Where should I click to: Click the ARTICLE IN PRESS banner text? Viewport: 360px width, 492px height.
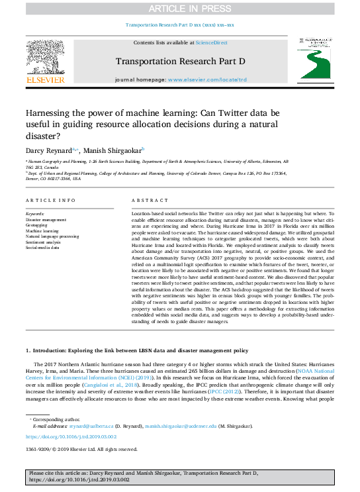[179, 8]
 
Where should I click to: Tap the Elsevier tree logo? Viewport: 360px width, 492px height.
[45, 60]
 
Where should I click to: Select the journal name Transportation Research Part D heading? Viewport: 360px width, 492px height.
[180, 62]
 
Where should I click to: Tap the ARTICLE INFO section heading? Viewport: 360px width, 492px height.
[50, 200]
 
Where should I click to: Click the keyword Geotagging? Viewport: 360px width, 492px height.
[36, 224]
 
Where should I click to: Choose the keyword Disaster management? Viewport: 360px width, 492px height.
[46, 219]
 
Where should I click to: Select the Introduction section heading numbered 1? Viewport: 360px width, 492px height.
[136, 350]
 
